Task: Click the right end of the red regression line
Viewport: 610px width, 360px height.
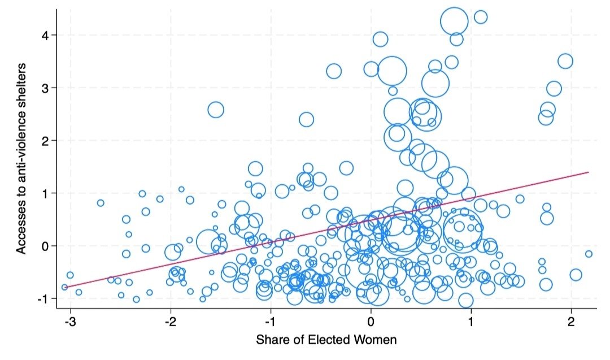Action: (x=589, y=172)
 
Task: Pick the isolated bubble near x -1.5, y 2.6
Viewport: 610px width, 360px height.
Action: (x=216, y=110)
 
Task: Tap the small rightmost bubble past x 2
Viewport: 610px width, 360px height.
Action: (x=589, y=254)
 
